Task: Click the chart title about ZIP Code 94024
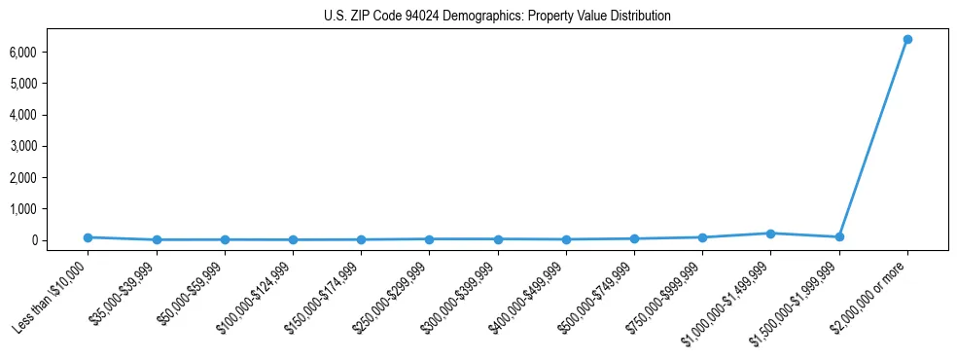pos(497,17)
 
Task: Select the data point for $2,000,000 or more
pos(906,40)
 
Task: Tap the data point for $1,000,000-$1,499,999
pos(770,234)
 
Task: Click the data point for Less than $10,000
pos(88,237)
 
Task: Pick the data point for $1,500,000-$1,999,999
pos(838,237)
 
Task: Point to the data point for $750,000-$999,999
pos(702,237)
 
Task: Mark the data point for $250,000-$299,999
pos(429,239)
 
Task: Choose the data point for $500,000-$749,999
pos(634,238)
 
